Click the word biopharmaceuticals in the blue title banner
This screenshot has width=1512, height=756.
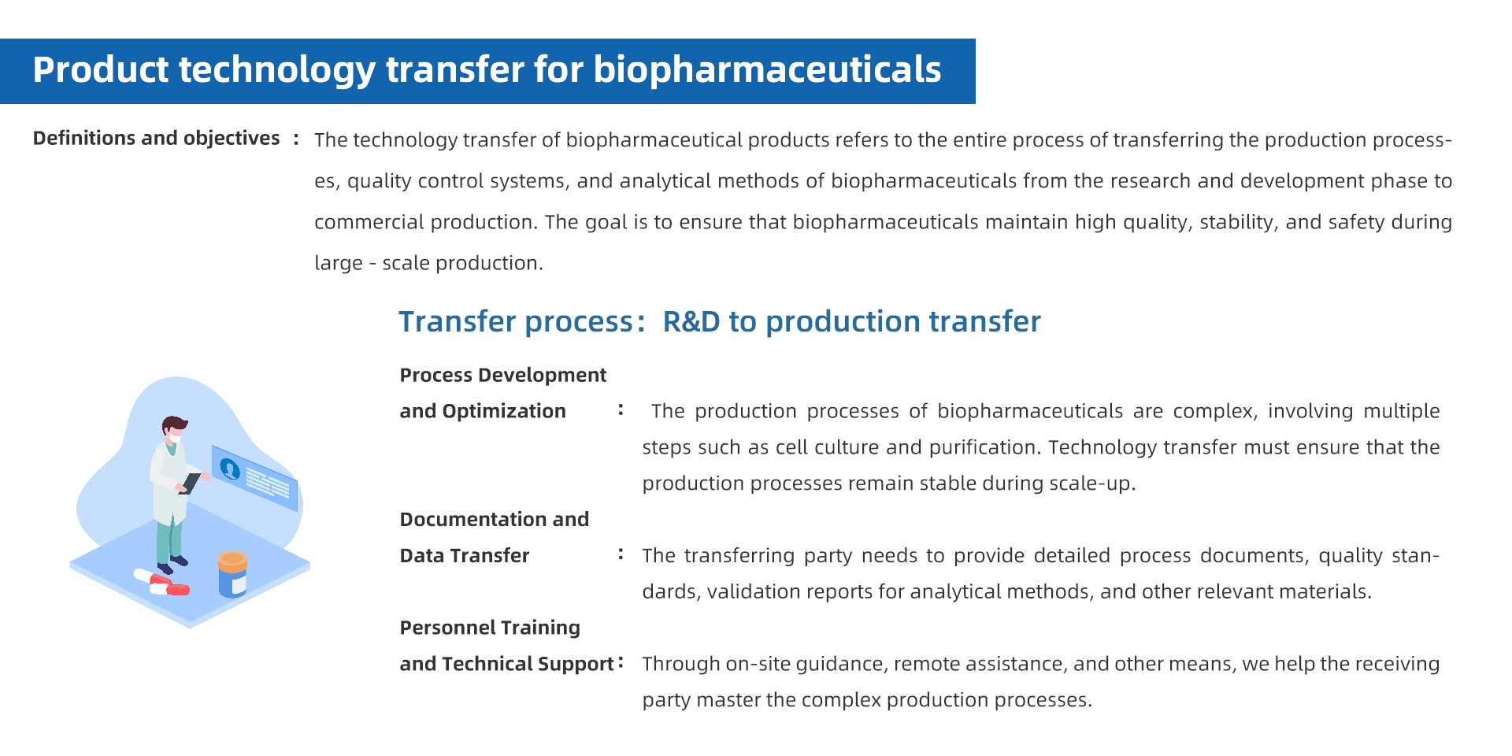pos(767,70)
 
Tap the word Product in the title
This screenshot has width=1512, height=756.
pos(100,69)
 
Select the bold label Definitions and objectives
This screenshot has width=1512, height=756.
pos(156,139)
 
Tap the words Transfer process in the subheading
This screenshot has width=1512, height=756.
pos(516,322)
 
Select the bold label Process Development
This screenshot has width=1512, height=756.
pos(502,375)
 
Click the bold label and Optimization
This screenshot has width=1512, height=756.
pos(483,411)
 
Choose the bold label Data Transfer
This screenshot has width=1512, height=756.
pos(465,556)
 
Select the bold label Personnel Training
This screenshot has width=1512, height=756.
pos(490,628)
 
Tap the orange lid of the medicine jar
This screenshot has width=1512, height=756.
pos(232,561)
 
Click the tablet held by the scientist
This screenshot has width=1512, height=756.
pos(191,483)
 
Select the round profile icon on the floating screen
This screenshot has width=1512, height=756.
pos(230,469)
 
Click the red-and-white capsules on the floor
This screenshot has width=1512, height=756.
pos(162,583)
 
